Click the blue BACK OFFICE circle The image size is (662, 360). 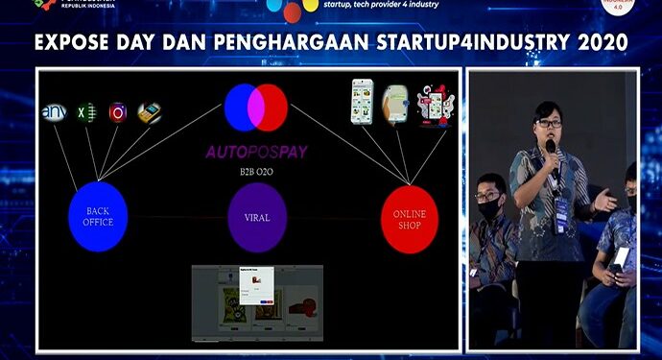[x=98, y=216]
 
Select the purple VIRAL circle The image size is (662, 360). [x=256, y=216]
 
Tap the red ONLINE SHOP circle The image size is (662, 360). [x=409, y=218]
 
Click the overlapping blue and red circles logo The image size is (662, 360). [x=256, y=108]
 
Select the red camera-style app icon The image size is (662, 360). [x=118, y=112]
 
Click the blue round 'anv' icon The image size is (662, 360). [x=54, y=114]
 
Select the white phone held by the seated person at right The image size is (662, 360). [x=621, y=257]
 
